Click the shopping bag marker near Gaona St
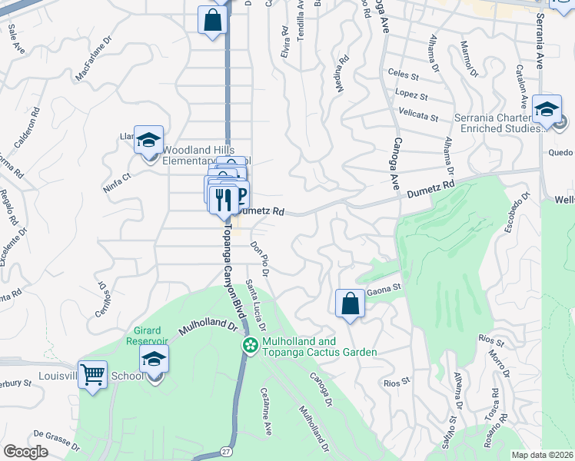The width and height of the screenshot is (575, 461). [x=350, y=303]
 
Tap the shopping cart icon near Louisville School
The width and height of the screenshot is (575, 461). [x=92, y=375]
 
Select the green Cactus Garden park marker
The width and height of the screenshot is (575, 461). [x=249, y=347]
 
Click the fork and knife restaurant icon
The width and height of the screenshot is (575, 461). [x=223, y=200]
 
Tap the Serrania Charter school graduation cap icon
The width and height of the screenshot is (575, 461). [x=547, y=109]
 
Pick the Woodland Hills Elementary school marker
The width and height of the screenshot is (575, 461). [x=148, y=141]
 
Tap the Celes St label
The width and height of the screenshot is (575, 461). [x=403, y=76]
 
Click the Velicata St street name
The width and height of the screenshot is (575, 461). [x=417, y=118]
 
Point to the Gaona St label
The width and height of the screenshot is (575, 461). [x=384, y=290]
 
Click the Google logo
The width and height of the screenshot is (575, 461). [x=25, y=452]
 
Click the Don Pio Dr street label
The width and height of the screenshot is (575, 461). [x=261, y=256]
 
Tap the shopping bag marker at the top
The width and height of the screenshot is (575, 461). [x=212, y=21]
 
